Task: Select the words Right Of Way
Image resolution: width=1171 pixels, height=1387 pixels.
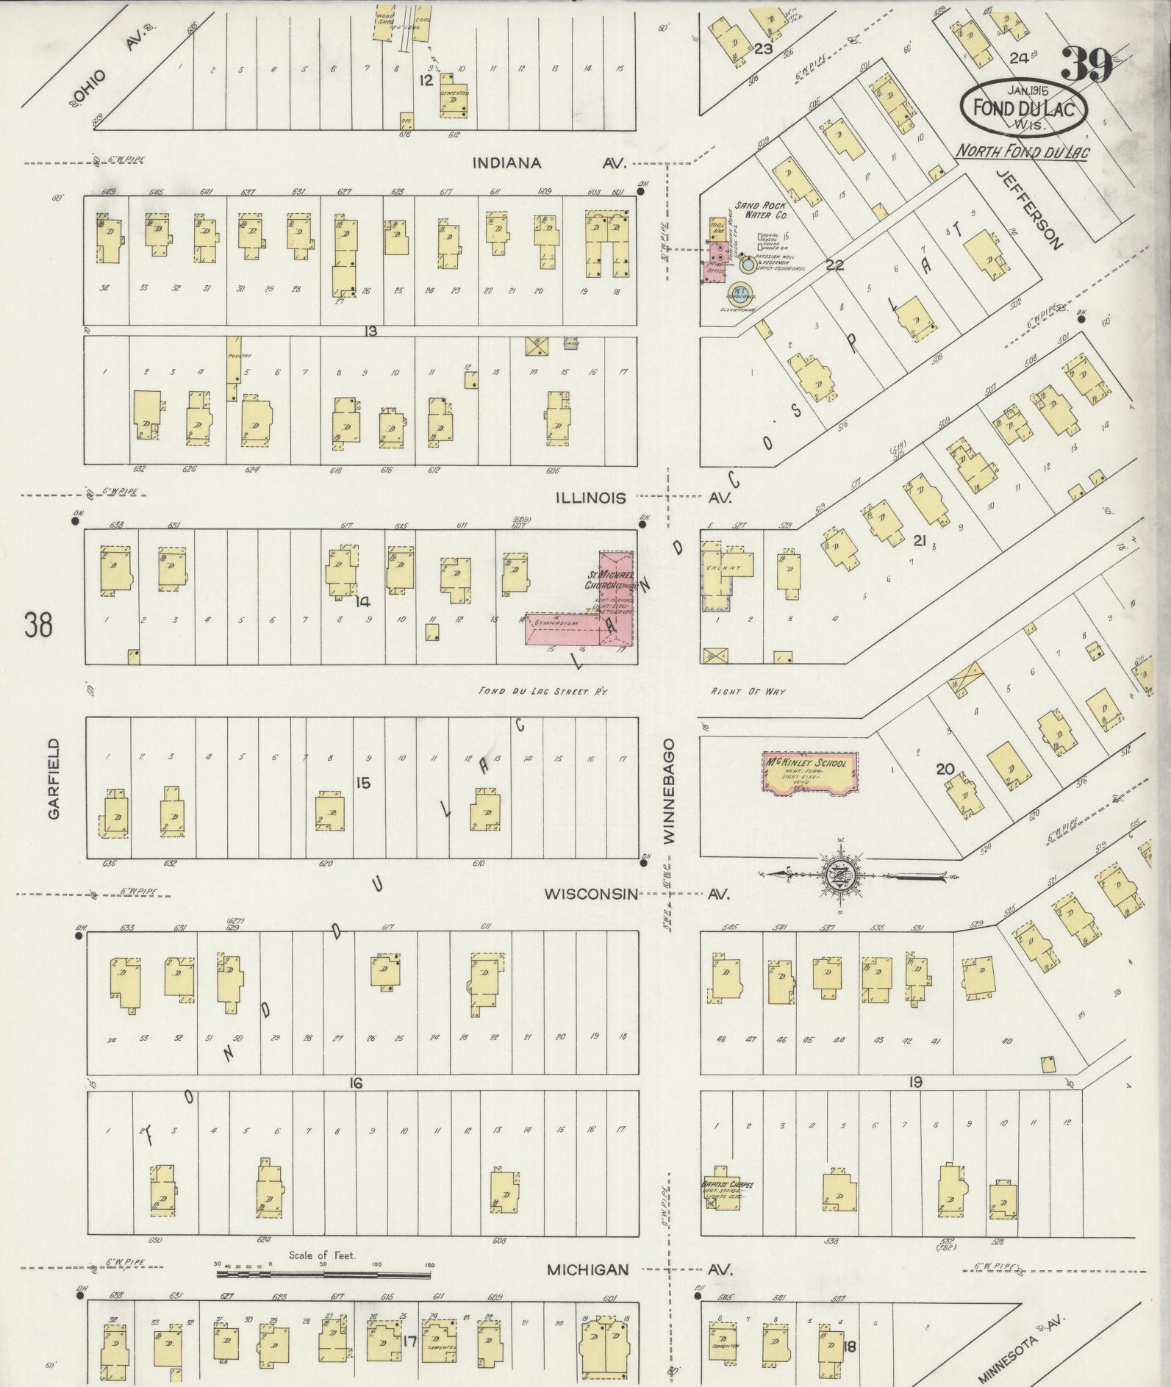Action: pos(748,691)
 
